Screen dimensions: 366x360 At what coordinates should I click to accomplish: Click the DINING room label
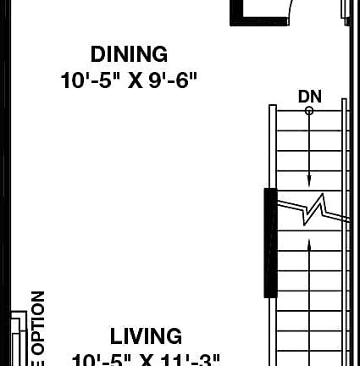coord(129,54)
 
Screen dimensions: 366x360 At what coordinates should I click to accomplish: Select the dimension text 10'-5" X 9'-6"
coord(129,80)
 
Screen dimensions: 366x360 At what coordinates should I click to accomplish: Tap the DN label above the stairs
coord(309,97)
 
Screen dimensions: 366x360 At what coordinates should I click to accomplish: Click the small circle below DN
coord(309,111)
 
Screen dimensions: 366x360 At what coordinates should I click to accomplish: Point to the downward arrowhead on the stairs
coord(309,180)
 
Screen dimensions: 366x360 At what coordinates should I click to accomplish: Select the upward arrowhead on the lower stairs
coord(309,245)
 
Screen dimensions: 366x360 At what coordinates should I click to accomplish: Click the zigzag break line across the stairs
coord(313,208)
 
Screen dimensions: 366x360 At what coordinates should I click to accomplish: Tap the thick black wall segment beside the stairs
coord(270,242)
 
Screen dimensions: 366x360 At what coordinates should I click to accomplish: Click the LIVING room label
coord(146,336)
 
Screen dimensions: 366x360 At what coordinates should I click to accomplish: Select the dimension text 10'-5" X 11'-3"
coord(146,359)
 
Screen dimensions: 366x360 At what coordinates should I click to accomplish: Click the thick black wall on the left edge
coord(4,169)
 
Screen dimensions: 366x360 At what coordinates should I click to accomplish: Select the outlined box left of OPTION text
coord(19,339)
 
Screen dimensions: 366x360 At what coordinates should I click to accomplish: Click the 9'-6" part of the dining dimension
coord(173,80)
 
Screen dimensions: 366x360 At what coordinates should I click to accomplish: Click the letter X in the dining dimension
coord(135,80)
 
